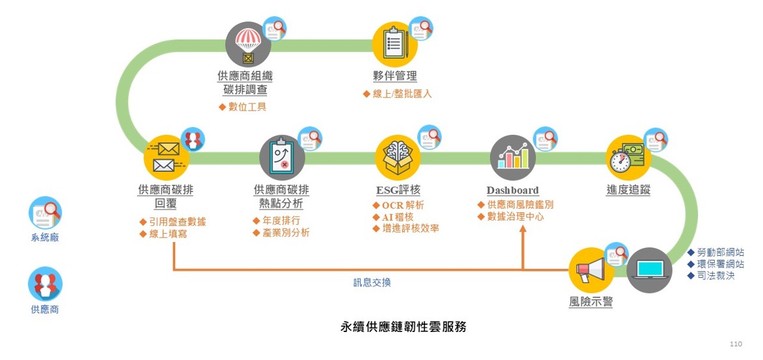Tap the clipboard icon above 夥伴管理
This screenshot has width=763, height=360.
pos(395,44)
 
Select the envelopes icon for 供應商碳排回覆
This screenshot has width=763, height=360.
pos(166,157)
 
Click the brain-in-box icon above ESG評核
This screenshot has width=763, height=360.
pos(398,157)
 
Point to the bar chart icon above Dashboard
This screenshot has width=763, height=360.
pos(513,157)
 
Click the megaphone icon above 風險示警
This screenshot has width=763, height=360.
pos(590,270)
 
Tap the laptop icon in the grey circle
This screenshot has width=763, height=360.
pos(650,270)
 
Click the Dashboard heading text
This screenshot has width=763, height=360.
pos(513,190)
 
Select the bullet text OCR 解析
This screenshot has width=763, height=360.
pos(403,206)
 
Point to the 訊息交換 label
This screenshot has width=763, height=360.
pos(368,283)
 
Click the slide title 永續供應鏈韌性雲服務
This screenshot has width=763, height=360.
pos(404,327)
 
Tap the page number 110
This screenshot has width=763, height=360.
pos(736,344)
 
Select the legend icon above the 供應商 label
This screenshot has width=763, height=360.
pos(45,284)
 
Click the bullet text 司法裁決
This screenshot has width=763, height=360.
pos(715,276)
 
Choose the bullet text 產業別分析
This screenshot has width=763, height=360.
pos(286,232)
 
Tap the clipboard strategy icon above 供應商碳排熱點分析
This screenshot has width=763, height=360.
pos(282,157)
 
